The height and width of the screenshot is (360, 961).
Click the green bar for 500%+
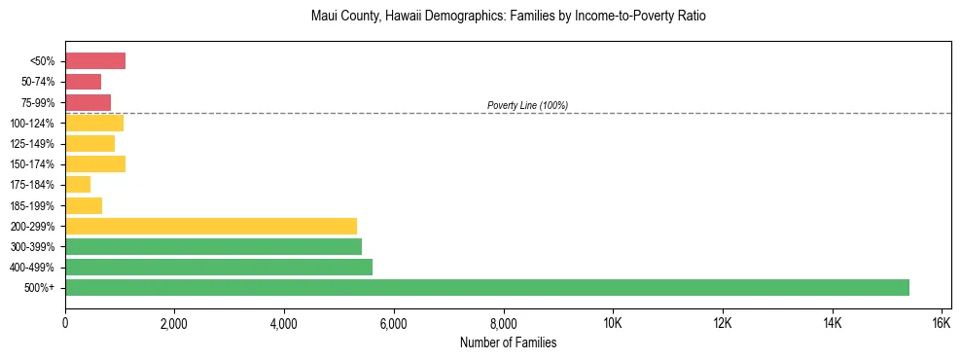pos(486,287)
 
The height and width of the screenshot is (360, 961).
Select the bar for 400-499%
pos(219,267)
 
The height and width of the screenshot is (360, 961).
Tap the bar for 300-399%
pos(213,246)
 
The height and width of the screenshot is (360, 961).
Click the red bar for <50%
pos(95,61)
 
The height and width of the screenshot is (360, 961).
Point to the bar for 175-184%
pos(78,184)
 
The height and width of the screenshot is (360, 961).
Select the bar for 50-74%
pos(83,82)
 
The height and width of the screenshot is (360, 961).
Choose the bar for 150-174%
pos(95,163)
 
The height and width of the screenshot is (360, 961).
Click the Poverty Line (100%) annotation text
pos(527,105)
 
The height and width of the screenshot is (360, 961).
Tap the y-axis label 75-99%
pos(37,102)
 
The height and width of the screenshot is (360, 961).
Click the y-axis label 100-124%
pos(34,123)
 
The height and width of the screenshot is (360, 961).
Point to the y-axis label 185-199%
pos(34,205)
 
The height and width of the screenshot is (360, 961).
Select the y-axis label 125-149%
pos(34,143)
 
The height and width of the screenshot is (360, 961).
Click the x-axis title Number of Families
pos(507,342)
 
